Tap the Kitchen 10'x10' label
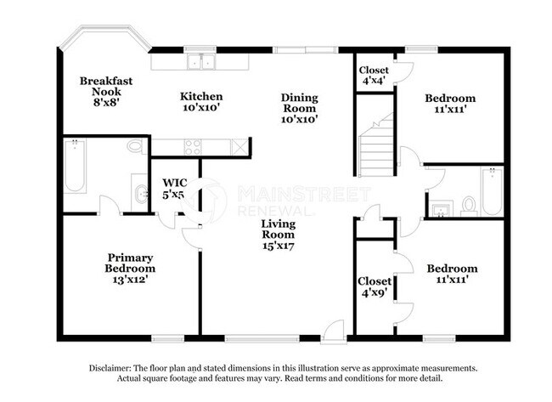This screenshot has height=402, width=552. [201, 102]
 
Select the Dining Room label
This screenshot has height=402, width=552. [299, 108]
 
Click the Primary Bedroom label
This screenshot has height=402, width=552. [131, 267]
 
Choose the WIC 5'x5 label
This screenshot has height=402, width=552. [174, 188]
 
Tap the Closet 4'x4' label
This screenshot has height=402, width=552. [373, 76]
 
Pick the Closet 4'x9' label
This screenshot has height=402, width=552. [375, 287]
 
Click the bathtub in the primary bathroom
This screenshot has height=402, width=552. [74, 167]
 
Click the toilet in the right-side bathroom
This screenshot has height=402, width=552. [467, 205]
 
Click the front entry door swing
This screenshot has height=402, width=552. [336, 330]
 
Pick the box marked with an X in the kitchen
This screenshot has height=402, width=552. [243, 146]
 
